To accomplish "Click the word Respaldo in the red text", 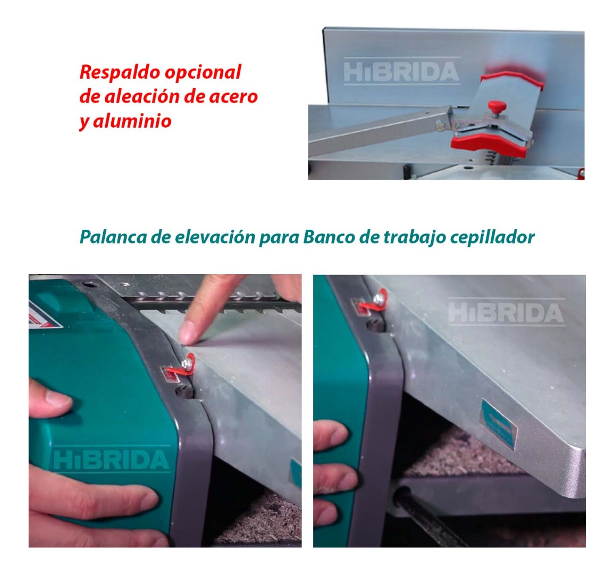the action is pos(120,72).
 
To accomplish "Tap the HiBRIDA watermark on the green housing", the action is pos(111,460).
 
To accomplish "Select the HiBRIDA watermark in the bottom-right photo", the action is pos(506,313).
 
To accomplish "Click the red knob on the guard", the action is pos(497,106).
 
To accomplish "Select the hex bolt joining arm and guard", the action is pos(440,126).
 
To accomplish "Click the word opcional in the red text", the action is pos(203,73).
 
